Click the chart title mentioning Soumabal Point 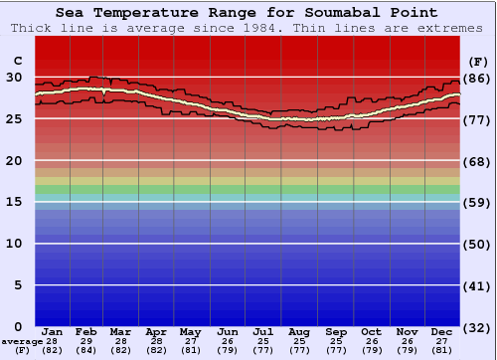[x=246, y=13]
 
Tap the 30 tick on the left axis [x=14, y=77]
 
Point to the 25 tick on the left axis [x=14, y=118]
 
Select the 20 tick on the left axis [x=14, y=160]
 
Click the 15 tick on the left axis [x=14, y=202]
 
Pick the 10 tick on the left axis [x=14, y=244]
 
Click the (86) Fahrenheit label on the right [x=478, y=78]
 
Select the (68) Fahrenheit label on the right [x=478, y=161]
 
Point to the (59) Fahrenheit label [x=478, y=203]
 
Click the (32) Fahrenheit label [x=478, y=327]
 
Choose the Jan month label [x=53, y=331]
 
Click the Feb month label [x=87, y=331]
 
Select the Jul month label [x=263, y=331]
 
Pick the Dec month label [x=442, y=331]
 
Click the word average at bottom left [x=22, y=341]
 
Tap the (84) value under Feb [x=87, y=350]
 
